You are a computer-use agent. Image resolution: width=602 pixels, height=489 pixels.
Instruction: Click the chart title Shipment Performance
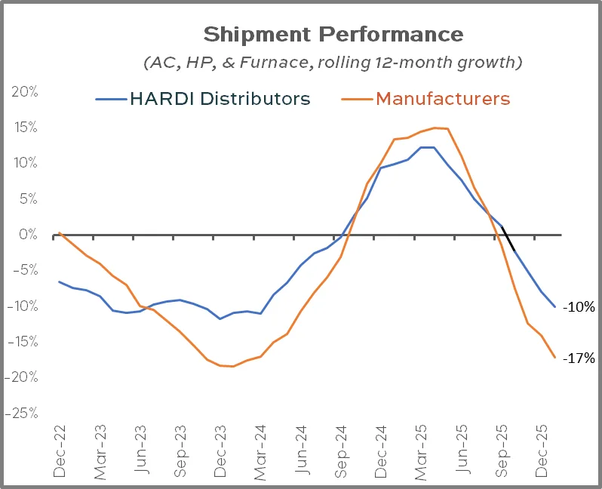[x=333, y=35]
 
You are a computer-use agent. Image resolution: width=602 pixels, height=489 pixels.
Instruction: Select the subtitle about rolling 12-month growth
[x=333, y=62]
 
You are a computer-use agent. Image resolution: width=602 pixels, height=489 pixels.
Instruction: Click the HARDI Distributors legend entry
[x=202, y=98]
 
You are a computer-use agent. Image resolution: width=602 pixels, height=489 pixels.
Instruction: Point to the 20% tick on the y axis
[x=24, y=92]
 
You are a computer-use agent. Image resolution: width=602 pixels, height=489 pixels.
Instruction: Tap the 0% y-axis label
[x=28, y=235]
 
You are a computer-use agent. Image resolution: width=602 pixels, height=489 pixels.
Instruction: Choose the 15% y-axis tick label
[x=24, y=128]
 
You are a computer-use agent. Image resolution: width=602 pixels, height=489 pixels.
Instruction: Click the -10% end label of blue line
[x=581, y=307]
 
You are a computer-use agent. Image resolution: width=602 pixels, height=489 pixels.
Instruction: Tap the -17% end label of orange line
[x=581, y=358]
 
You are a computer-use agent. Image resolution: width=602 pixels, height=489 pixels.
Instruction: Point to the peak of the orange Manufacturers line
[x=435, y=128]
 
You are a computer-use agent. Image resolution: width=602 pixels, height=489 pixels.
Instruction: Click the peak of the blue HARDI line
[x=427, y=147]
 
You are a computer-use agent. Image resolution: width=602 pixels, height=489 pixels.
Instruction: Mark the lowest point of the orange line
[x=232, y=366]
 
